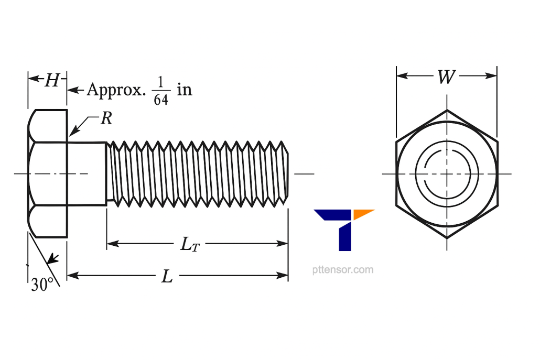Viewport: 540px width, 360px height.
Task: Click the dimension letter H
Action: (51, 80)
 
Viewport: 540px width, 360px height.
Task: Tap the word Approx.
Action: (115, 90)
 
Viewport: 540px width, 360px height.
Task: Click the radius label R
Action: (106, 119)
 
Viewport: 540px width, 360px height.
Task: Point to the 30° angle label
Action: (42, 285)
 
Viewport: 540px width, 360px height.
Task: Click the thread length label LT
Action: (189, 244)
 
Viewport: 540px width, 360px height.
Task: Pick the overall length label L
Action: (167, 276)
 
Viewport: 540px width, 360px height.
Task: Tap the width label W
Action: (446, 78)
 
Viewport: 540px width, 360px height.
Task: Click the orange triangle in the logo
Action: (363, 213)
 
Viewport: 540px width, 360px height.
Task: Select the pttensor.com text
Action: (342, 270)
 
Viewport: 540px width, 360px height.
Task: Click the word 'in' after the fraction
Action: (184, 90)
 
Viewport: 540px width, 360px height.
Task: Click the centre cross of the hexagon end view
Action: (447, 173)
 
